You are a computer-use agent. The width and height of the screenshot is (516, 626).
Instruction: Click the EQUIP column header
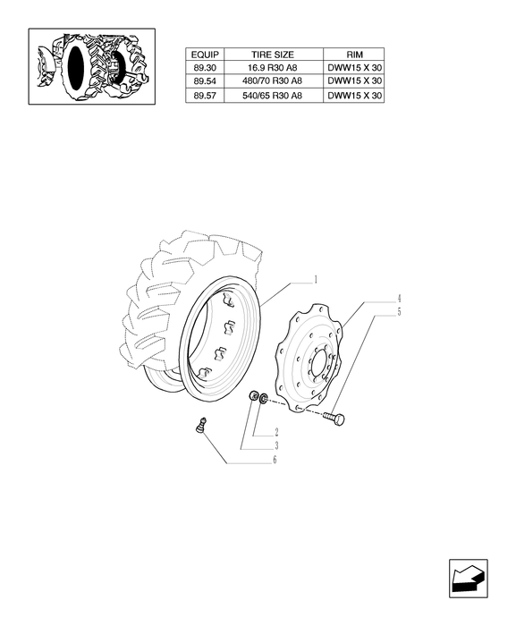click(205, 55)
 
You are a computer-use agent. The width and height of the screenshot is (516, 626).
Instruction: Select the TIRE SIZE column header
click(273, 55)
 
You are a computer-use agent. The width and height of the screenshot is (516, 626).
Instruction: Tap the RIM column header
click(354, 55)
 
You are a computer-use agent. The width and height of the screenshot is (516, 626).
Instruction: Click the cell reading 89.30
click(205, 67)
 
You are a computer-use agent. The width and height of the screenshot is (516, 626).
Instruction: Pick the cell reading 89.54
click(205, 81)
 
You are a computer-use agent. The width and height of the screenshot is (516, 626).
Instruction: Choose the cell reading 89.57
click(205, 96)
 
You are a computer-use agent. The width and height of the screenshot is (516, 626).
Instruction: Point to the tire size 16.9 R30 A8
click(273, 67)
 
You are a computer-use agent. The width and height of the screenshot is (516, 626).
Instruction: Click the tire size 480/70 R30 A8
click(273, 81)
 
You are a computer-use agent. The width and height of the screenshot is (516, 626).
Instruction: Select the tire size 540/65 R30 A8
click(273, 96)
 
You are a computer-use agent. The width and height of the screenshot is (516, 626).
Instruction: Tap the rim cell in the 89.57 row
click(354, 96)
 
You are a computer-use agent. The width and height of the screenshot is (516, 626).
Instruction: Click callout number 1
click(316, 279)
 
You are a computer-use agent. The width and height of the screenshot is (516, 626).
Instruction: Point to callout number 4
click(399, 299)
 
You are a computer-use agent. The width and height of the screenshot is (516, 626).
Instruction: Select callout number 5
click(399, 312)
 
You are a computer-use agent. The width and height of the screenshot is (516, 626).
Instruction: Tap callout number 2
click(276, 432)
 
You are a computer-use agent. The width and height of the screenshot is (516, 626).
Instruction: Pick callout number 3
click(276, 446)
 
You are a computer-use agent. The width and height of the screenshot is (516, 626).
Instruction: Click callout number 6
click(275, 460)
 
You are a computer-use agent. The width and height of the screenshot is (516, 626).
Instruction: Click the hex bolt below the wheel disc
click(334, 419)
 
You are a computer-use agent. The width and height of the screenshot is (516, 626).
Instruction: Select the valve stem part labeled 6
click(201, 425)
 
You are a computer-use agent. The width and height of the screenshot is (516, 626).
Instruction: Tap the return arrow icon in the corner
click(468, 579)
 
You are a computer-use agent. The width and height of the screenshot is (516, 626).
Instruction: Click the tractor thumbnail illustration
click(92, 66)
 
